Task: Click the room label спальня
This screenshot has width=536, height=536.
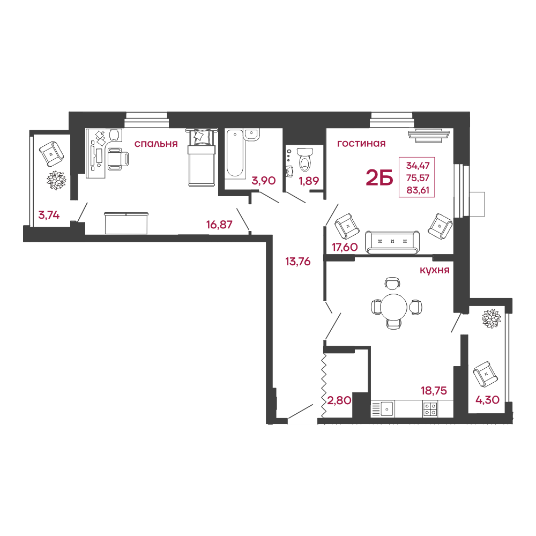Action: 156,144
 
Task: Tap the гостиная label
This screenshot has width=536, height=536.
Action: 361,144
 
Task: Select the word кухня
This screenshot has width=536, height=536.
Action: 435,270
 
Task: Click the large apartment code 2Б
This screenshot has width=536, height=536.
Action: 379,178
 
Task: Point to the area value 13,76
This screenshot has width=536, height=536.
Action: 297,262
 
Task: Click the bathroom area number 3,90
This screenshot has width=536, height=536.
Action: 264,181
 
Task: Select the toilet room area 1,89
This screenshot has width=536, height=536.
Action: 309,181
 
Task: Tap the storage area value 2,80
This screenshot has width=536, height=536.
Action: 339,400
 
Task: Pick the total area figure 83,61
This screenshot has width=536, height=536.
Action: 418,190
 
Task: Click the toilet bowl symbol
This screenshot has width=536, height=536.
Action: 305,159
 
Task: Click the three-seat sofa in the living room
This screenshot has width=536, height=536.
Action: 392,242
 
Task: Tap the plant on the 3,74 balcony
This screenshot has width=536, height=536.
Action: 56,180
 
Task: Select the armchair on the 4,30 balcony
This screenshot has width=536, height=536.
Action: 486,374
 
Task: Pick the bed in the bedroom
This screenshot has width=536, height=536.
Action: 202,158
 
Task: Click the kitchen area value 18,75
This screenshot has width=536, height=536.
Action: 434,390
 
